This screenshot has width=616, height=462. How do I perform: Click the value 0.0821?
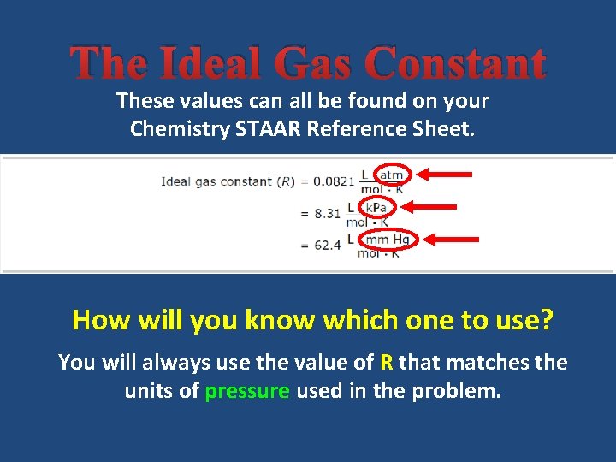coord(332,181)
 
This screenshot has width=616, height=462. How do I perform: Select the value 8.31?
coord(328,213)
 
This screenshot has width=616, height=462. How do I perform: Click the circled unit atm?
coord(391,175)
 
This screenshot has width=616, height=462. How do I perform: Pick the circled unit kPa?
coord(376,207)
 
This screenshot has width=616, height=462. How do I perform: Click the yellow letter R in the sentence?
coord(387,363)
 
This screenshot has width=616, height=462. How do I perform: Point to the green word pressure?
coord(248,392)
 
